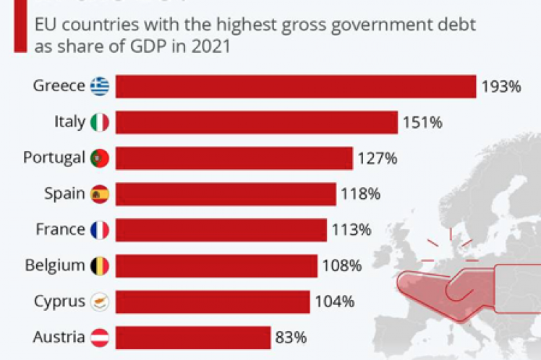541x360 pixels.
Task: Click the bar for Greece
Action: (295, 87)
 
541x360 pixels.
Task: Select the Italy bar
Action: (256, 122)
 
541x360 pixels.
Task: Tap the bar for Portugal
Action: (234, 158)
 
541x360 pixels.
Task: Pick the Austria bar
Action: (192, 336)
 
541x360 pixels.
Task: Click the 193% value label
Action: (501, 87)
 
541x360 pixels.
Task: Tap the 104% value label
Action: (334, 301)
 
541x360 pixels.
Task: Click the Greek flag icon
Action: (100, 87)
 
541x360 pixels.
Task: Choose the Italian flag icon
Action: (100, 122)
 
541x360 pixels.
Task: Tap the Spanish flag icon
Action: (100, 194)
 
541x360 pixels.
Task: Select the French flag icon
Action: (100, 230)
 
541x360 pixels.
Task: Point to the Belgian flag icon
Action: (100, 265)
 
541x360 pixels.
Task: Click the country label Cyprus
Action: (59, 301)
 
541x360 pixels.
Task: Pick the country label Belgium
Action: (54, 265)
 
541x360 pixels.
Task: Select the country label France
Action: (60, 230)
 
